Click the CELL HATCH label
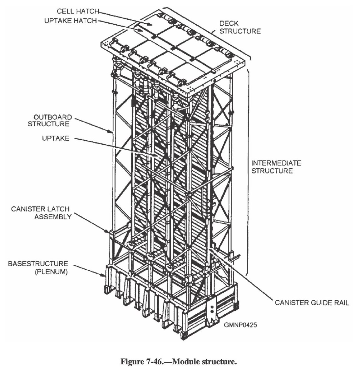coord(77,12)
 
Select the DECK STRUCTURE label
coord(239,27)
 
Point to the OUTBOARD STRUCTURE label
coord(50,121)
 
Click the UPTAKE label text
coord(56,138)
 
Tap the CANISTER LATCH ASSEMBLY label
coord(41,212)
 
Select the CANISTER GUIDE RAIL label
coord(312,302)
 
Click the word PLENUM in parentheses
coord(55,272)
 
